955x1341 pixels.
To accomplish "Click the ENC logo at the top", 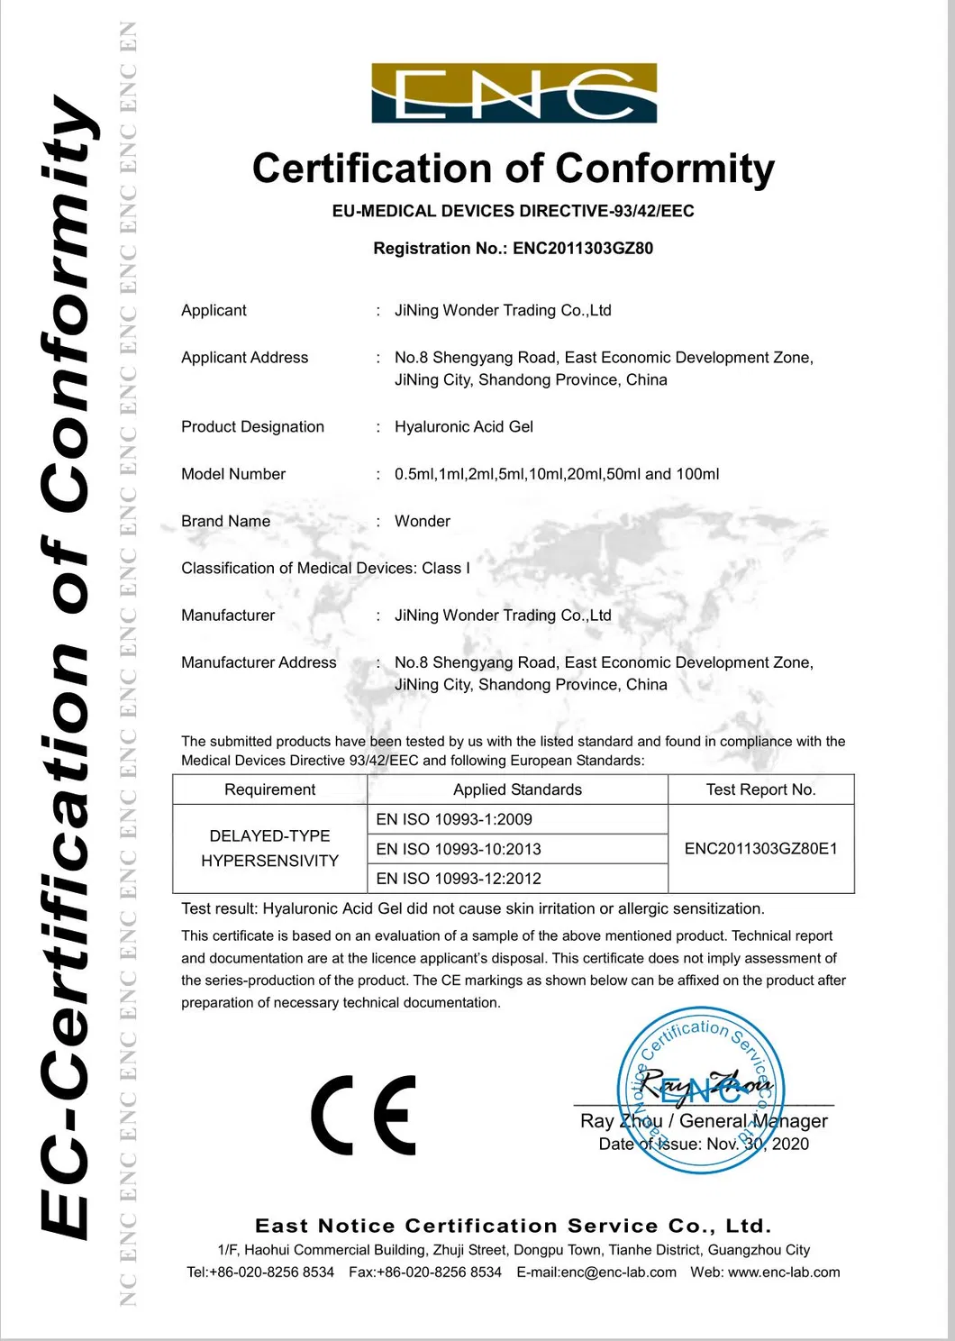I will point(514,93).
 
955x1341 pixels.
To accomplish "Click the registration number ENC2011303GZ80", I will point(583,249).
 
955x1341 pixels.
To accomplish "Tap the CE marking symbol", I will point(364,1115).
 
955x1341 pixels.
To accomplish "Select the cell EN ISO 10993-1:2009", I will point(454,819).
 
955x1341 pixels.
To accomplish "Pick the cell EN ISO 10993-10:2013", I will point(459,849).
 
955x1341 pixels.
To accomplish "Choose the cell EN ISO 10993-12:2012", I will point(459,879).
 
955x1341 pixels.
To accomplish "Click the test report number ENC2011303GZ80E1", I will point(760,849).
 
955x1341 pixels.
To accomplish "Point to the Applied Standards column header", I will point(517,789).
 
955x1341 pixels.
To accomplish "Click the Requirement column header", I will point(269,789).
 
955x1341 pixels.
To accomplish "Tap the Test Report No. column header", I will point(760,789).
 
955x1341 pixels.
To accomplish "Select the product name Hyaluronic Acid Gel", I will point(463,427).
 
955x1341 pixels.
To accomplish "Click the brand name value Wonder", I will point(422,522).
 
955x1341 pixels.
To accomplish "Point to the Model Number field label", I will point(233,474).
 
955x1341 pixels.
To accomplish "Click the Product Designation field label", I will point(252,427).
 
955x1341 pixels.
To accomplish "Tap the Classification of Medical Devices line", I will point(325,569).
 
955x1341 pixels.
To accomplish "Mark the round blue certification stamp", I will point(700,1090).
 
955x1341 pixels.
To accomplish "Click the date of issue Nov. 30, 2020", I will point(757,1145).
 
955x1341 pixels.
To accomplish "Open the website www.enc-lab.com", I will point(783,1273).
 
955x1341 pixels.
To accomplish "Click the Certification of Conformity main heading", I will point(513,169).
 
